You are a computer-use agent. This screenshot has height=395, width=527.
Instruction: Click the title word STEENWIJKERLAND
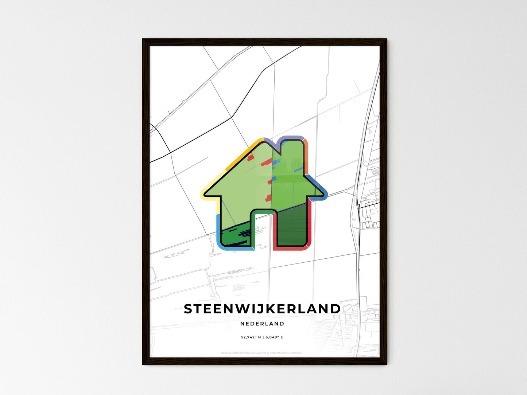[262, 309]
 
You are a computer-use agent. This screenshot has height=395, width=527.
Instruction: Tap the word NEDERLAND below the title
[262, 324]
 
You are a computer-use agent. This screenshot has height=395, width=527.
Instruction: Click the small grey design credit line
[262, 353]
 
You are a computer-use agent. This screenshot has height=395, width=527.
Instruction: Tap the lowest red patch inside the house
[268, 198]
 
